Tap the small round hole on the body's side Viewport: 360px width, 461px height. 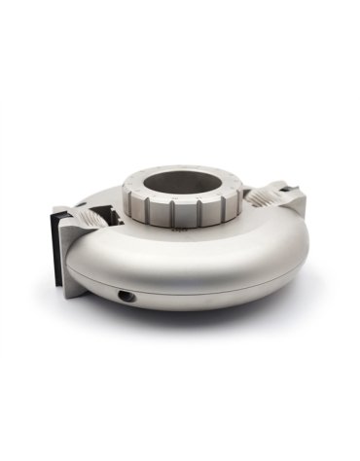pos(124,293)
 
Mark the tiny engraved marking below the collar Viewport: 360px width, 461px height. pos(180,231)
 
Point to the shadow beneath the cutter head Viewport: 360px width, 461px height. pos(195,321)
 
